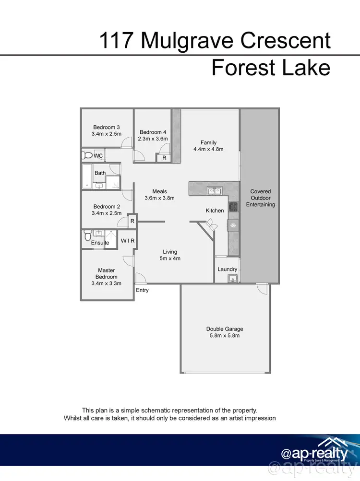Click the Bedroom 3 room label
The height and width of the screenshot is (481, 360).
coord(106,127)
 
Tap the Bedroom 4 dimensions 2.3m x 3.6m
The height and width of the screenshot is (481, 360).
coord(153,139)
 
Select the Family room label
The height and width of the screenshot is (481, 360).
coord(208,142)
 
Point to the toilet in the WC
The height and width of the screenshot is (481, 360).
coord(87,155)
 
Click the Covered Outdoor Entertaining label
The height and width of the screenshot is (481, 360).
coord(261,198)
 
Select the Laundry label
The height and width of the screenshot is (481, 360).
coord(227,270)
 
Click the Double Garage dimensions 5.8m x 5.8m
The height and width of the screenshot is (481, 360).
coord(225,336)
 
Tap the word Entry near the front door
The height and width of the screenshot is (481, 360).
coord(142,290)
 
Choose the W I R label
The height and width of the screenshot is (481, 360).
coord(127,240)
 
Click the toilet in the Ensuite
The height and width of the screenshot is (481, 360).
coord(87,236)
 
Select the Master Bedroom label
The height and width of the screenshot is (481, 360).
coord(106,274)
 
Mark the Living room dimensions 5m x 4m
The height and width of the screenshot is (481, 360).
coord(170,258)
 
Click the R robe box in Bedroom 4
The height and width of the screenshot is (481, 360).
coord(164,157)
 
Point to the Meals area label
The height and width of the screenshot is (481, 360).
coord(159,191)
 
